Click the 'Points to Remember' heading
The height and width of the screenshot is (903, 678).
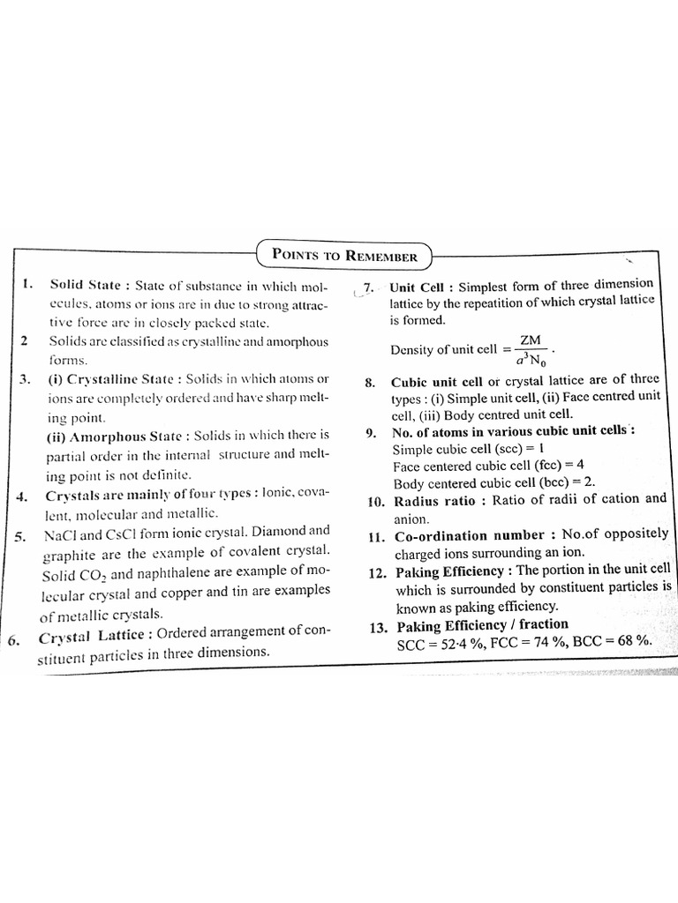coord(343,256)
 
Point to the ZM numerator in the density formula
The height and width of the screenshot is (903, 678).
coord(531,340)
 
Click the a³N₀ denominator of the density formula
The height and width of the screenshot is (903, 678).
coord(530,359)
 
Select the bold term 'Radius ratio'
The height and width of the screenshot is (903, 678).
coord(434,500)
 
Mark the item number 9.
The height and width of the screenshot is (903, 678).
coord(372,433)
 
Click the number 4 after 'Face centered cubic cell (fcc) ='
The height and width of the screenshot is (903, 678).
coord(580,465)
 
